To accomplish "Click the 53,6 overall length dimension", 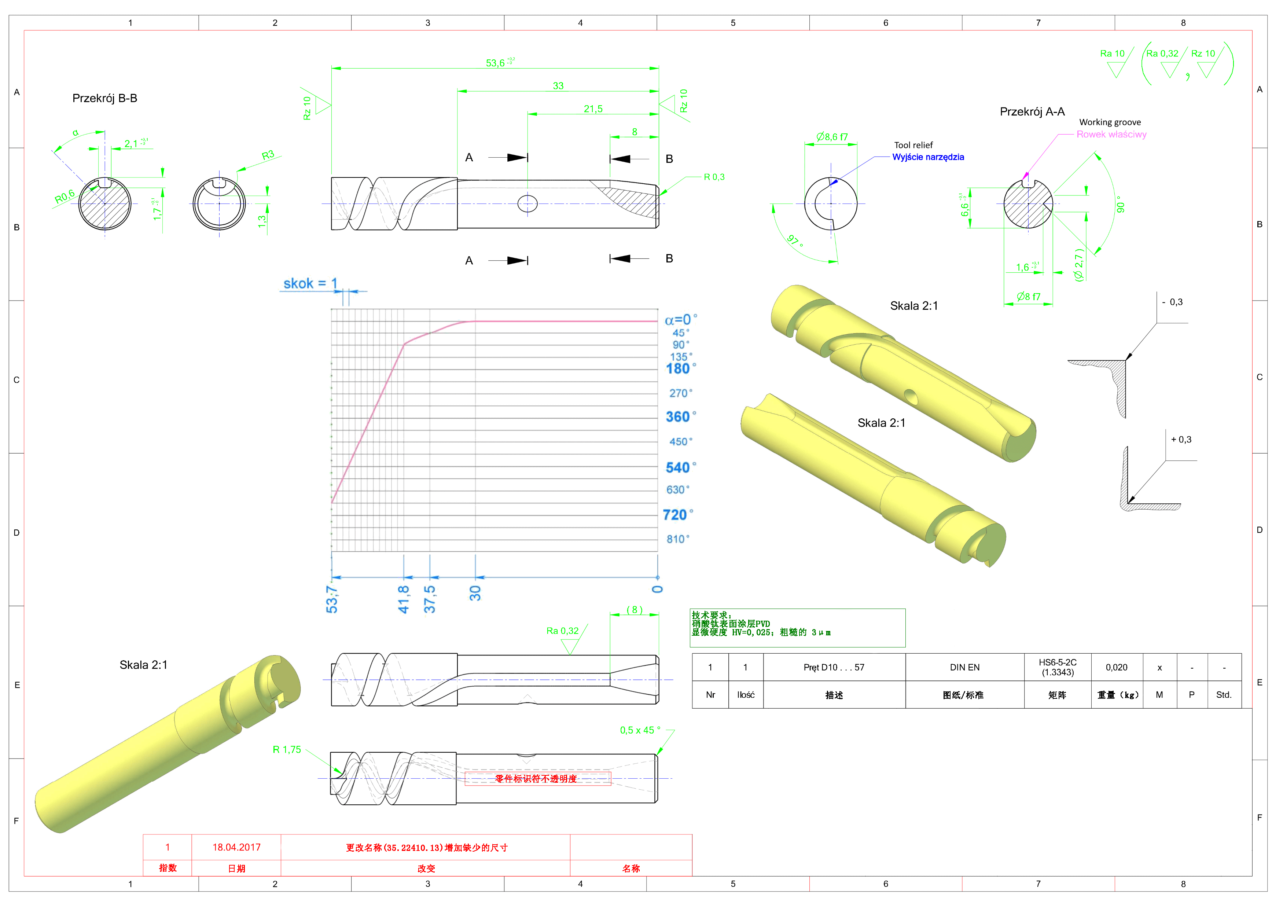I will pos(495,63).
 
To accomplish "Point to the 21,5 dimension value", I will pos(593,109).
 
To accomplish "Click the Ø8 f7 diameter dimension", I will pos(1028,297).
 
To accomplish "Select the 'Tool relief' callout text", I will pos(913,145).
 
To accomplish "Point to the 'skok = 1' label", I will pos(310,284).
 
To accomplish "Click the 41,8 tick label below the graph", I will pos(404,599).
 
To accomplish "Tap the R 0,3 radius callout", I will pos(714,177).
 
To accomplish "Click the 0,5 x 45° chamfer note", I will pos(640,730).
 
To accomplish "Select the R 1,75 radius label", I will pos(287,750).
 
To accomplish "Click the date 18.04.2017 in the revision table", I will pos(236,847).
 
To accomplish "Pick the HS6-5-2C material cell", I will pos(1057,667).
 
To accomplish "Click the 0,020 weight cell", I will pos(1117,667).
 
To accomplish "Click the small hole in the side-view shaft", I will pos(527,203).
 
